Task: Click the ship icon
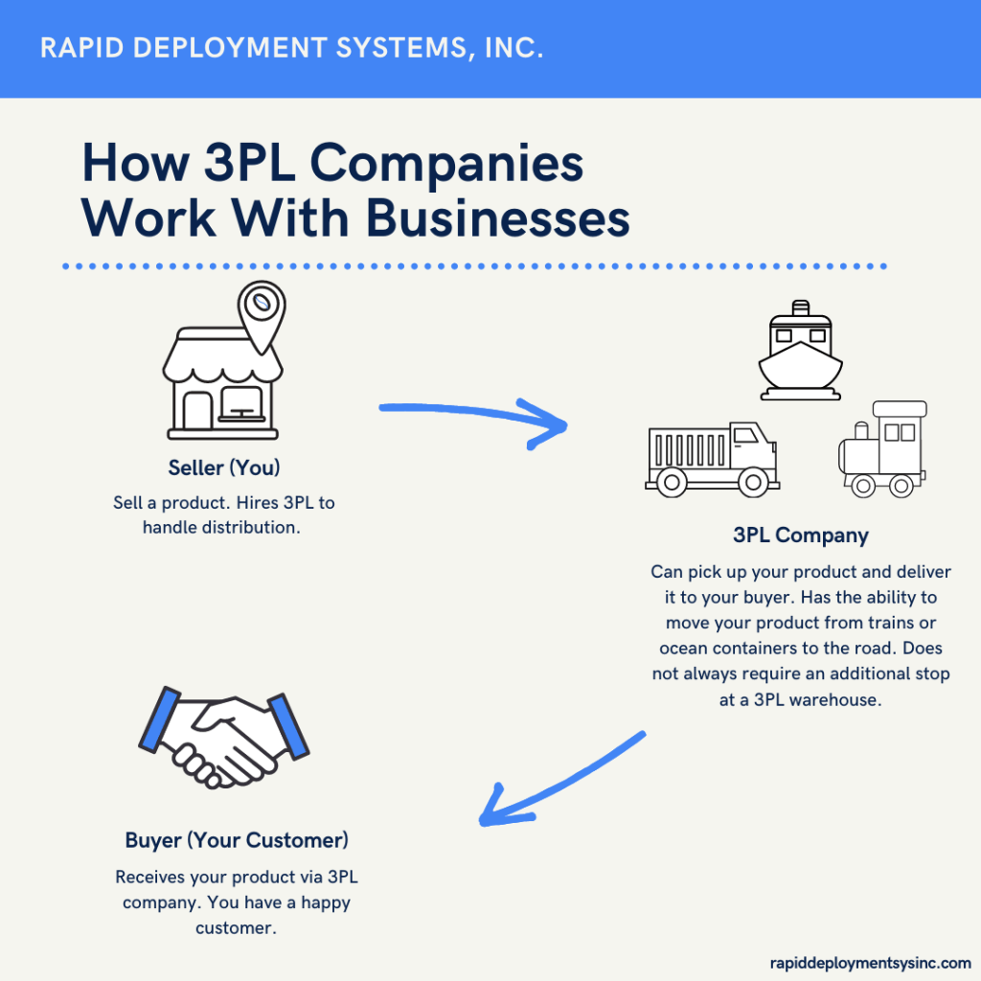click(800, 352)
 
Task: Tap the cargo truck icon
click(711, 458)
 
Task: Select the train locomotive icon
click(882, 450)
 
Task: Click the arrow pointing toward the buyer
click(557, 781)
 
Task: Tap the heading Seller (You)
click(224, 468)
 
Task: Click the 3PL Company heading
click(800, 535)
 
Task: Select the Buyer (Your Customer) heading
click(237, 841)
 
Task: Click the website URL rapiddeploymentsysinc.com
click(870, 963)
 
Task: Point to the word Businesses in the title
click(497, 218)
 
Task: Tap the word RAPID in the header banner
click(80, 48)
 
